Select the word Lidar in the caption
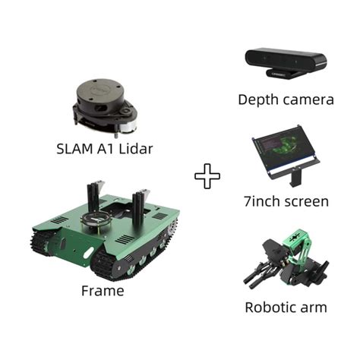coord(134,149)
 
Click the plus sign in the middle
coord(207,177)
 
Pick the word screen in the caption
coord(308,202)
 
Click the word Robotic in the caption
coord(267,308)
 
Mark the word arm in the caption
coord(314,308)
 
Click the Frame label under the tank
coord(102,290)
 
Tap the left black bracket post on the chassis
coord(93,199)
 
